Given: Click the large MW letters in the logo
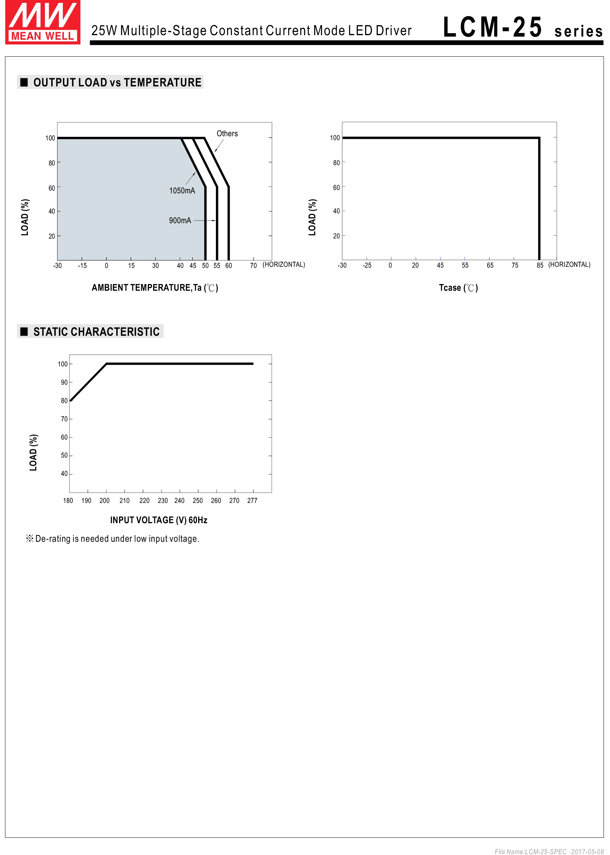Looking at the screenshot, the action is click(x=43, y=15).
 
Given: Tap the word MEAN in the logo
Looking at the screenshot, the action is click(x=26, y=36).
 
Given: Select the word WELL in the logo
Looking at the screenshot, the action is click(x=60, y=36).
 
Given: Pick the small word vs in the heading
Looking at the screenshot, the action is click(x=115, y=83).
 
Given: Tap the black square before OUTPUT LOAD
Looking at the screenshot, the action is click(x=24, y=82).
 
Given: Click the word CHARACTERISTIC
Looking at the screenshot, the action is click(x=115, y=332).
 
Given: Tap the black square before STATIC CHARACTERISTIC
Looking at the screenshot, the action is click(x=24, y=332).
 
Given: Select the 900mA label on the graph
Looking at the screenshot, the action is click(x=180, y=220).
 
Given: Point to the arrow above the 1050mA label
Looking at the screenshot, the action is click(x=191, y=178).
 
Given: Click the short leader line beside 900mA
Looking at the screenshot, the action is click(x=199, y=220).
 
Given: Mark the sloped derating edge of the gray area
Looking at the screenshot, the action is click(x=192, y=163).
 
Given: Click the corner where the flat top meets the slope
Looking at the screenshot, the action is click(x=180, y=139).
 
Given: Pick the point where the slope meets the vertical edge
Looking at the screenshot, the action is click(x=204, y=187).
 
